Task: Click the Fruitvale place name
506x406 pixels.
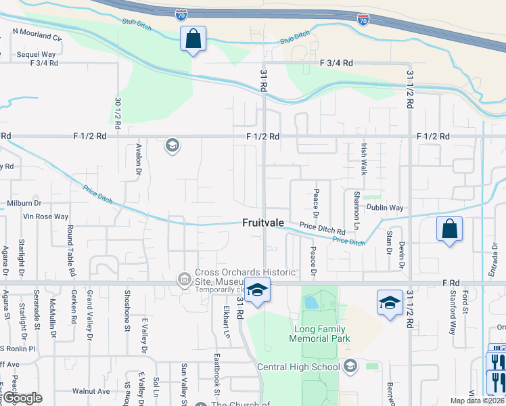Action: coord(262,223)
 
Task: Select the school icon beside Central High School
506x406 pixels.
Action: coord(350,367)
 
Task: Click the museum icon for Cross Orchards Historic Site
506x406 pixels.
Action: coord(183,278)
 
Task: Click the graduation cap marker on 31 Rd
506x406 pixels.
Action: coord(257,291)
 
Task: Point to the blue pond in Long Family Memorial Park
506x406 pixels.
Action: coord(311,301)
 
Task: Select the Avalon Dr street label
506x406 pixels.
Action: coord(137,159)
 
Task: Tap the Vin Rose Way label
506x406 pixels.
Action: coord(46,217)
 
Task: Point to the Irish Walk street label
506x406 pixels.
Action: coord(363,159)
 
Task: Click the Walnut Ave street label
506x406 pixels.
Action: coord(91,391)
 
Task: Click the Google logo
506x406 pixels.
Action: coord(22,398)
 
